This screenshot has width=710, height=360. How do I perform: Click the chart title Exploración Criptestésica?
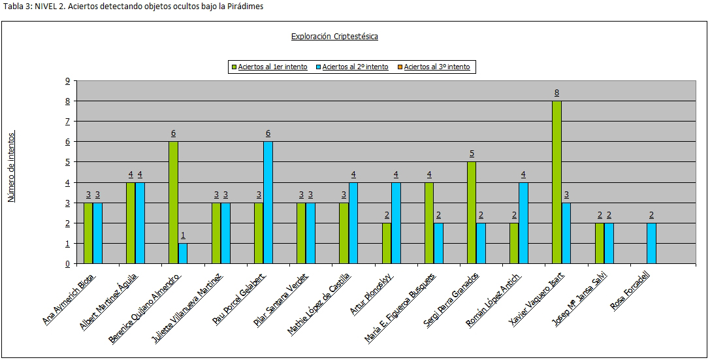point(334,37)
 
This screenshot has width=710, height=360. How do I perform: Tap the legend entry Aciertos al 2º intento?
point(355,67)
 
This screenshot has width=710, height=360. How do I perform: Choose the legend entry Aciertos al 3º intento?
point(436,67)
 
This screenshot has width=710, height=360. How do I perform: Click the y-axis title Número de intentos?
point(12,167)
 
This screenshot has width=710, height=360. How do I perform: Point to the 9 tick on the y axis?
point(67,81)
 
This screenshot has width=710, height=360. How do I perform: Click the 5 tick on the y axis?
point(67,162)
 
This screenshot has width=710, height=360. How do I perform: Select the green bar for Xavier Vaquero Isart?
point(557,182)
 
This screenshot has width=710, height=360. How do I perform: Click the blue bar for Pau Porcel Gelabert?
point(268,203)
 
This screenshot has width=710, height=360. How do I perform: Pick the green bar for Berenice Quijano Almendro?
point(173,203)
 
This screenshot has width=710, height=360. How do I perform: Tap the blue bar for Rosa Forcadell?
point(651,243)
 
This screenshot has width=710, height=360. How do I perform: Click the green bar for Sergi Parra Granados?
point(472,213)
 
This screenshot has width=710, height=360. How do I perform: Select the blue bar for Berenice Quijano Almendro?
point(183,254)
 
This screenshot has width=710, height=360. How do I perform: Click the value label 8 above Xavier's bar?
point(557,93)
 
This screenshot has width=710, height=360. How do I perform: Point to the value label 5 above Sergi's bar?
point(472,154)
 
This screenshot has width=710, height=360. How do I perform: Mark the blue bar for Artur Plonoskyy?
point(396,223)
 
